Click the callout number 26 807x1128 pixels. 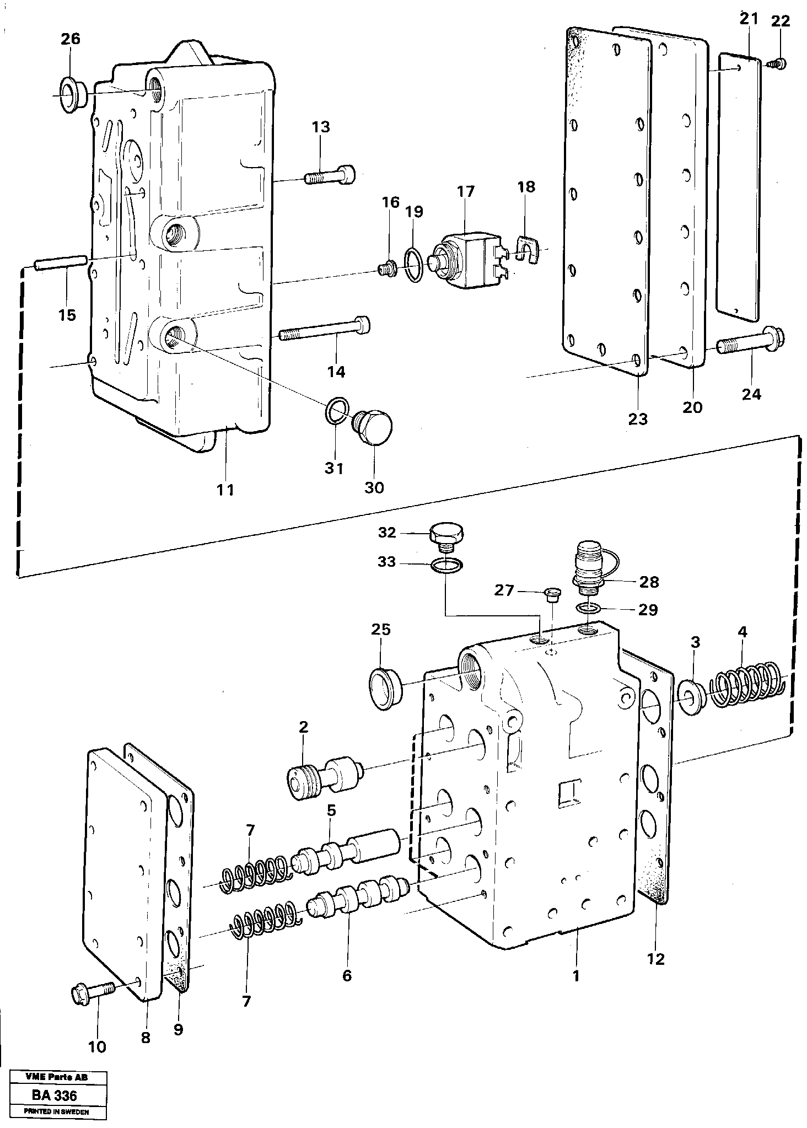click(x=70, y=39)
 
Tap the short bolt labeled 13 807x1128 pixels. click(x=329, y=176)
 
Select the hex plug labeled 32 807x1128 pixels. click(x=446, y=536)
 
